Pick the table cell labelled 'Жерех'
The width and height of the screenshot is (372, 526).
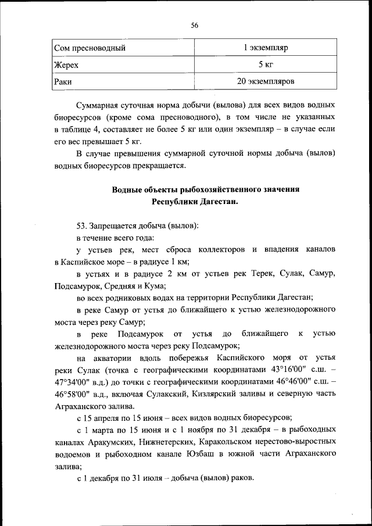coord(66,65)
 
